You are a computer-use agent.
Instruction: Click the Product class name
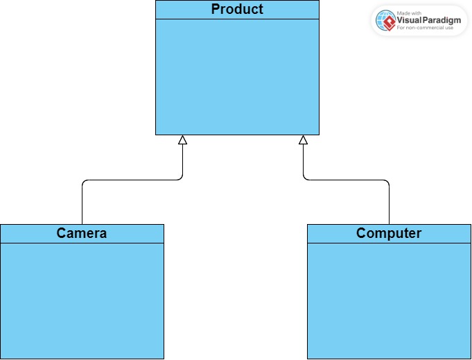click(237, 10)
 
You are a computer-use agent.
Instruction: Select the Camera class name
click(82, 233)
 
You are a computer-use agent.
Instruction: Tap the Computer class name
click(389, 233)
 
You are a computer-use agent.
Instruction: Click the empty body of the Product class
click(237, 76)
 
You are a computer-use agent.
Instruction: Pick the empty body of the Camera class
click(82, 300)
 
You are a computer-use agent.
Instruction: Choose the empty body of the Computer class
click(389, 300)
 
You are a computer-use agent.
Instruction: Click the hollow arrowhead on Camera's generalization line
click(183, 140)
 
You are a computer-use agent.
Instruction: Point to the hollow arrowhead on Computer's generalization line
click(303, 140)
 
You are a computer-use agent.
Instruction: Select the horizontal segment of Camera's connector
click(132, 180)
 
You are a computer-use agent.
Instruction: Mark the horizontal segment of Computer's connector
click(347, 180)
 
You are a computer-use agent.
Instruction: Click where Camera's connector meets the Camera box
click(82, 224)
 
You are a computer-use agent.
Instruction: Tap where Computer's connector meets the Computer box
click(390, 224)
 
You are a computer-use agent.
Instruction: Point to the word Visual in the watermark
click(411, 20)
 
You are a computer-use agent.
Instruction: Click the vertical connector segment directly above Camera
click(82, 205)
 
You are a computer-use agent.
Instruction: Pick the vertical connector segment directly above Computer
click(390, 205)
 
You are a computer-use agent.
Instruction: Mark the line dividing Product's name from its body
click(237, 19)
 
